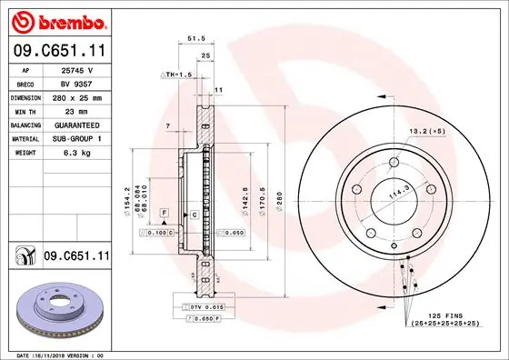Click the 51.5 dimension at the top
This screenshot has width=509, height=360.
click(194, 39)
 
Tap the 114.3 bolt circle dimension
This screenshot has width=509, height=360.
click(397, 192)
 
